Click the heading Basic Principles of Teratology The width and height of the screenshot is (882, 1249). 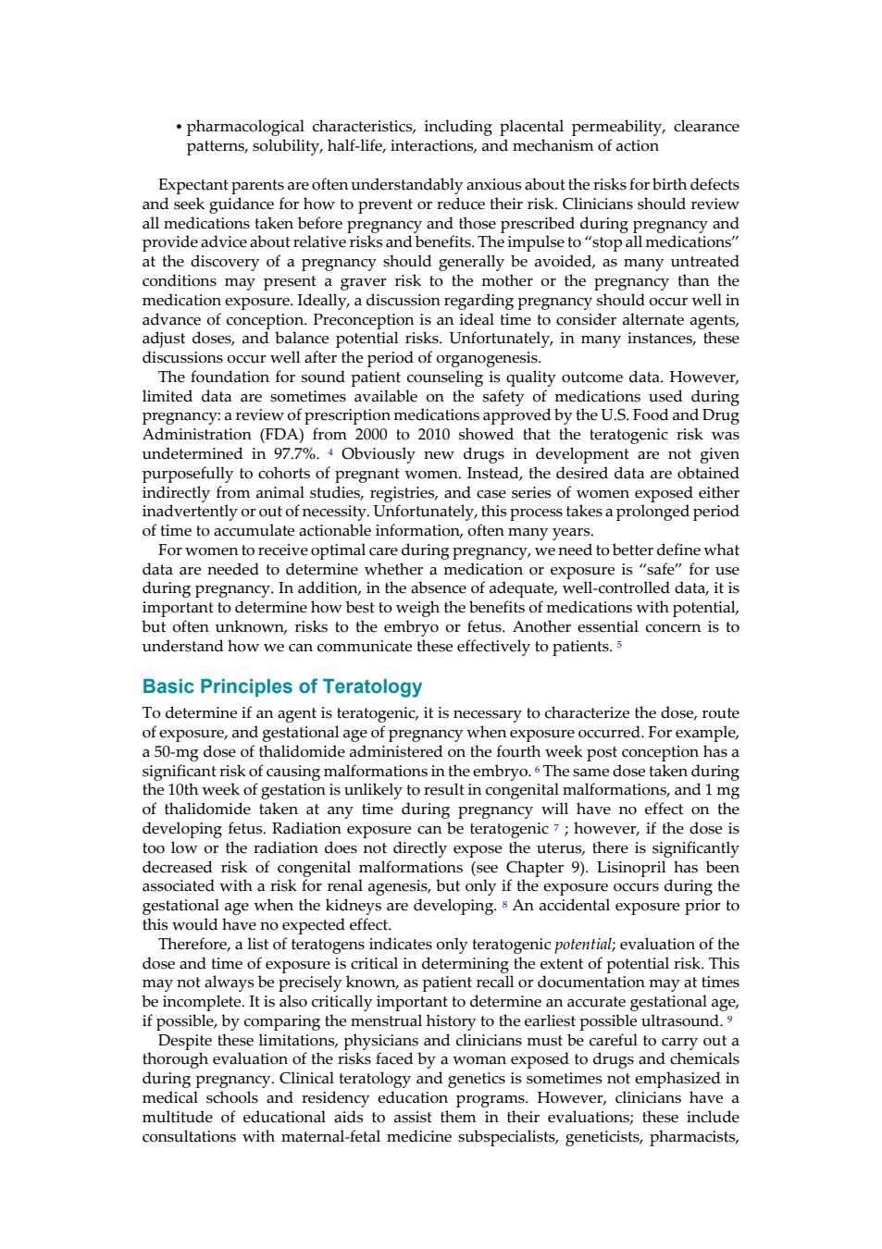click(x=281, y=686)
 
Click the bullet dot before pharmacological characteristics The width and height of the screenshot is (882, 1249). click(x=179, y=128)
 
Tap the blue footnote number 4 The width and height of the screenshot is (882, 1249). click(x=330, y=452)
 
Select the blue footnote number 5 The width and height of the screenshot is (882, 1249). click(x=619, y=645)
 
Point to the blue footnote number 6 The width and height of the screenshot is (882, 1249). click(x=537, y=770)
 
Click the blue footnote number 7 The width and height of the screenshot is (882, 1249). click(x=556, y=827)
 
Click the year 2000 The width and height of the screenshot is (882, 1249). click(x=371, y=435)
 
